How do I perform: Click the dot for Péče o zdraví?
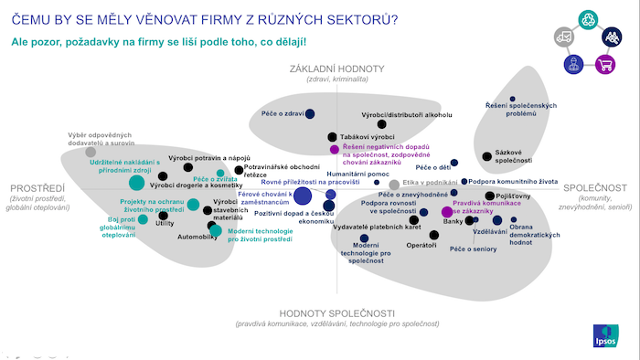pos(310,112)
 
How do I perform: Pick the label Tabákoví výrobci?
pos(368,136)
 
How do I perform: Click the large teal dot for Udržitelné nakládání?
pos(136,182)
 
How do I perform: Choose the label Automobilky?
pos(197,238)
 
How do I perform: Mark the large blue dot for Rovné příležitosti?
pos(304,196)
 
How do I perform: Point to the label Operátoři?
pos(421,245)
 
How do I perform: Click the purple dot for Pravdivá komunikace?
pos(446,213)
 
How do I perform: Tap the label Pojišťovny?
pos(513,196)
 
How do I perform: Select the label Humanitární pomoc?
pos(357,173)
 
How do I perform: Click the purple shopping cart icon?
pos(603,64)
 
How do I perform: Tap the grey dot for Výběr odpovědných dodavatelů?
pos(91,152)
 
